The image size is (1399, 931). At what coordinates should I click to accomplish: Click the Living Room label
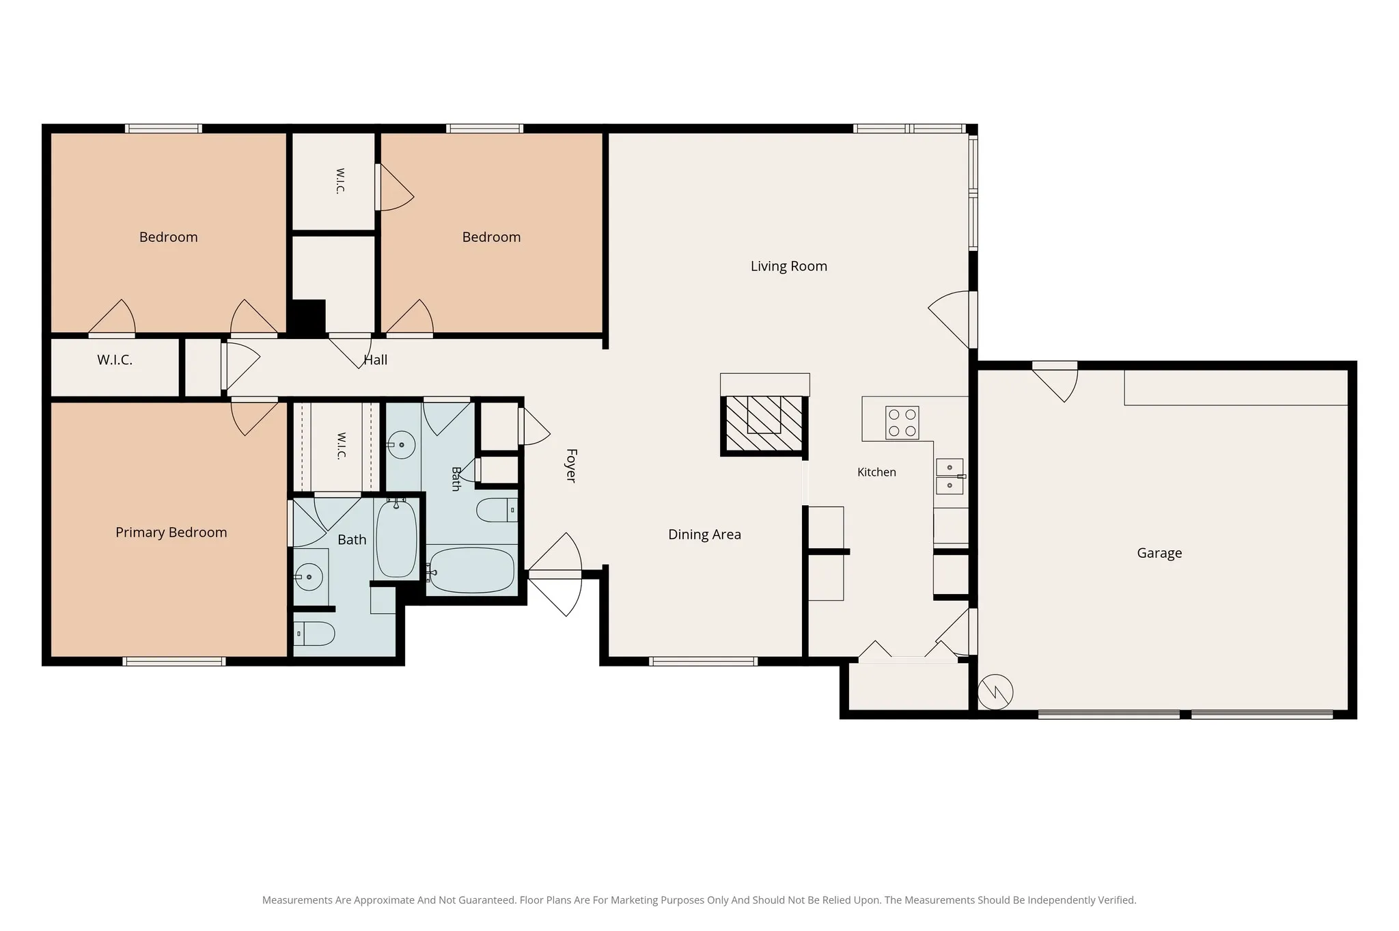click(x=789, y=266)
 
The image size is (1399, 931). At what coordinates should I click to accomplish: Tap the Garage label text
click(x=1159, y=553)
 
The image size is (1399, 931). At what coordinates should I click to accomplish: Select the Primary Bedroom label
click(x=171, y=532)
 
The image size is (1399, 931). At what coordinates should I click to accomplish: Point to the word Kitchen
click(x=876, y=472)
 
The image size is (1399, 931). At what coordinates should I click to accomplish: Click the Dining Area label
click(x=704, y=535)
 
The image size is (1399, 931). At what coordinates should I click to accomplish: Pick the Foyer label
click(x=571, y=465)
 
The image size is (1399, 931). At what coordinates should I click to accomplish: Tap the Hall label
click(x=376, y=360)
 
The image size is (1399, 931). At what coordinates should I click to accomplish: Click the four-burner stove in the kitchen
click(x=902, y=422)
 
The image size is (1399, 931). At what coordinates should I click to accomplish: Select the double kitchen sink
click(x=950, y=476)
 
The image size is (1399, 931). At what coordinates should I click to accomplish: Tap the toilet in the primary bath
click(x=314, y=634)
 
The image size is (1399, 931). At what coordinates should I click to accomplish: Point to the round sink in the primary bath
click(x=309, y=578)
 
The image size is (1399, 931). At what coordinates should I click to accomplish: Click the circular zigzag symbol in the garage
click(x=995, y=692)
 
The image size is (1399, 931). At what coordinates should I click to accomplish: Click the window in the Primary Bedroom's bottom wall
click(x=174, y=661)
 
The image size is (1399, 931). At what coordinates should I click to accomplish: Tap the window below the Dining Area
click(x=703, y=661)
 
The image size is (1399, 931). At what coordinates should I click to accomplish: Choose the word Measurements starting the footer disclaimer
click(x=298, y=900)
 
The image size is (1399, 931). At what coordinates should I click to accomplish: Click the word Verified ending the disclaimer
click(x=1116, y=900)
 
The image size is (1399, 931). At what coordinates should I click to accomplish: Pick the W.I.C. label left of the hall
click(x=115, y=360)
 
